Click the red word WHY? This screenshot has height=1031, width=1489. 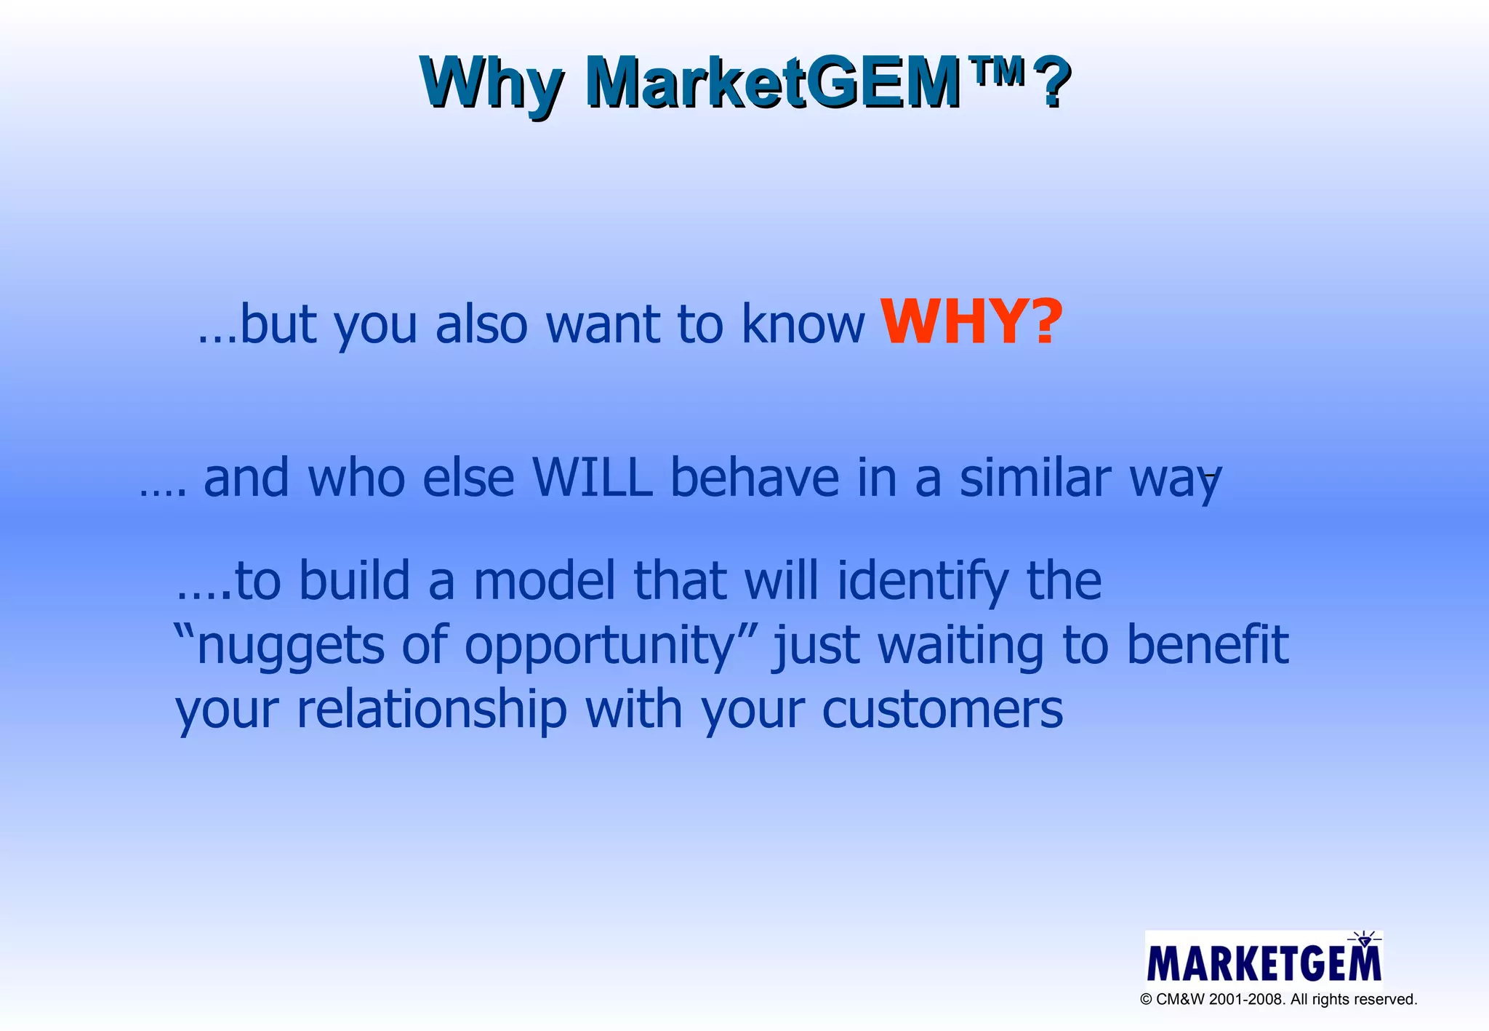(x=971, y=321)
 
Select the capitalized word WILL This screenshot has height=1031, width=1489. (x=593, y=478)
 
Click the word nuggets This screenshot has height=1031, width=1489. (x=291, y=646)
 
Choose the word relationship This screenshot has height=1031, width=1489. (x=432, y=709)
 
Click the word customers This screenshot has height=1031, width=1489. (x=942, y=709)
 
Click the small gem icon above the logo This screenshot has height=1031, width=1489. (x=1364, y=939)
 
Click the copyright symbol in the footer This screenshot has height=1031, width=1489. (x=1147, y=1000)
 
